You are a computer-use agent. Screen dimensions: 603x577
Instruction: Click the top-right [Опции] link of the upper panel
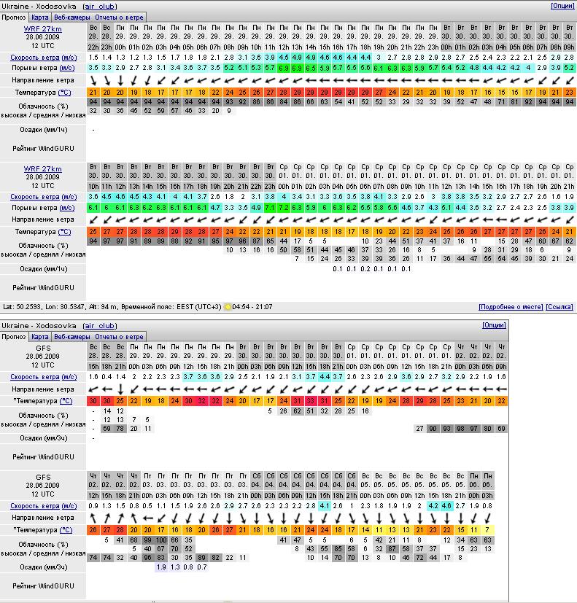tap(562, 6)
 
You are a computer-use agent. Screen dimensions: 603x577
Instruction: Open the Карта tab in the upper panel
tap(39, 17)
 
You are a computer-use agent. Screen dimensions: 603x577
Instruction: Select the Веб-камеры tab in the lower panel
tap(71, 337)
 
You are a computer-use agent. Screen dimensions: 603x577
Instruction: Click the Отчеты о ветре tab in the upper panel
tap(120, 17)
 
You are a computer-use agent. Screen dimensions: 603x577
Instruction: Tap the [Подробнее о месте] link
tap(510, 307)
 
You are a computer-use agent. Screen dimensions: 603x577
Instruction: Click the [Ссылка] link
tap(559, 307)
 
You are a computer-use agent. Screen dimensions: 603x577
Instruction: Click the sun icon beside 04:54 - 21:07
tap(227, 307)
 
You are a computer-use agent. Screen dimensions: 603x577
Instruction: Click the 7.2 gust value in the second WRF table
tap(270, 208)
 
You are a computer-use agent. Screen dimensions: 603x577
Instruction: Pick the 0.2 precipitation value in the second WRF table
tap(365, 269)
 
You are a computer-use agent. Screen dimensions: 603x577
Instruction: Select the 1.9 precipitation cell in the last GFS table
tap(161, 567)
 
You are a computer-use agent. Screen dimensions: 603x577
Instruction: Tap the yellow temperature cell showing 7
tap(487, 529)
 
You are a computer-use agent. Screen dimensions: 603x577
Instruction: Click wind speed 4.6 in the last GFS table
tap(446, 505)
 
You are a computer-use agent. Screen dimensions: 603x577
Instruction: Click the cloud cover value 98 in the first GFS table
tap(460, 429)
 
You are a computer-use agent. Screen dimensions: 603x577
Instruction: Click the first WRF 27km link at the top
tap(42, 28)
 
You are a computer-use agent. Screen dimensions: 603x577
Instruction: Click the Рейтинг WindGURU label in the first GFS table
tap(44, 456)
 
